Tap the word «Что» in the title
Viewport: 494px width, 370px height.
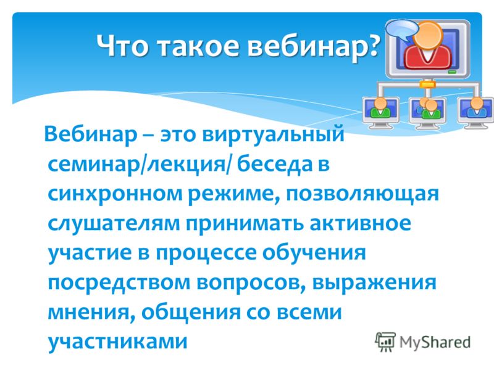122,45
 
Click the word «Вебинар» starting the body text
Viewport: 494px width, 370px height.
91,134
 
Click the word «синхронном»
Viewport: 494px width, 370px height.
115,194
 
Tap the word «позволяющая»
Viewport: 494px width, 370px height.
362,194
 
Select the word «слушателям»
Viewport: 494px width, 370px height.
114,224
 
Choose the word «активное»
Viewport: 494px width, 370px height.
360,223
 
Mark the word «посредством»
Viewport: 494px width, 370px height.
119,282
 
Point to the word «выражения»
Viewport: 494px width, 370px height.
374,283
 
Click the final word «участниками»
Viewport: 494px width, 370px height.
117,342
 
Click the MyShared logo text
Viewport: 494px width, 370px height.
435,342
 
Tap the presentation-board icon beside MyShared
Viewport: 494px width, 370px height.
385,342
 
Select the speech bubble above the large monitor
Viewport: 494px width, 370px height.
403,30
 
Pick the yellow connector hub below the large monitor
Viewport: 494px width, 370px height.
427,84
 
